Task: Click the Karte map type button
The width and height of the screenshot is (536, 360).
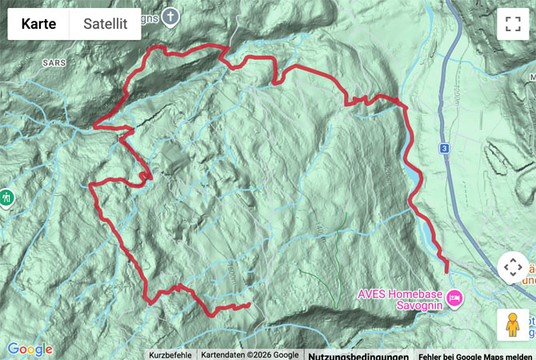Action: click(38, 24)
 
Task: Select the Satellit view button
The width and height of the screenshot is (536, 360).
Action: click(106, 24)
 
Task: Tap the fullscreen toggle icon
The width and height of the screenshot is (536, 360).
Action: click(512, 24)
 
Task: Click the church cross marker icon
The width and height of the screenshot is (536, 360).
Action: click(170, 15)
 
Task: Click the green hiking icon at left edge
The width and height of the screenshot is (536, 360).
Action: click(6, 196)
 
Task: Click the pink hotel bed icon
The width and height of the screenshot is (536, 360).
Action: click(454, 298)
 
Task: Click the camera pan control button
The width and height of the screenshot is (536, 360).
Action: click(512, 268)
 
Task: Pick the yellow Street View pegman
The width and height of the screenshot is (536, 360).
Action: click(512, 324)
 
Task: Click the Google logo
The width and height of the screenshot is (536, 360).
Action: click(30, 350)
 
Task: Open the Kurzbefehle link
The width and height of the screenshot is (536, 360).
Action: click(170, 354)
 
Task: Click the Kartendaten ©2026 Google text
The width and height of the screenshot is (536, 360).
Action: click(250, 354)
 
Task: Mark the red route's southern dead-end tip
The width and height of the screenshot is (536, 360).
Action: click(248, 305)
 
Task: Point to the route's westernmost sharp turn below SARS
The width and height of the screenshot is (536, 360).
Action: click(95, 126)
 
